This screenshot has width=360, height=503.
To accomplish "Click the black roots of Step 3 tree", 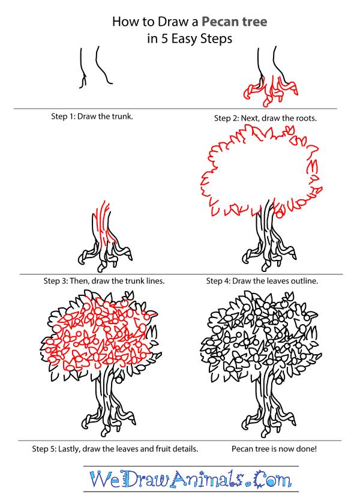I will tap(102, 255).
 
